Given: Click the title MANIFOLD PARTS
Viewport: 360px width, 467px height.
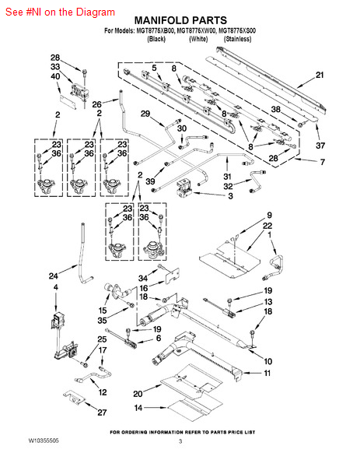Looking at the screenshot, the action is tap(180, 20).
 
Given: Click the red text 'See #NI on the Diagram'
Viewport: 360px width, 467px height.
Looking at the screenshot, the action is tap(60, 12).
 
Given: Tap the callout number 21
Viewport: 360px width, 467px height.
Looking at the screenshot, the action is tap(320, 75).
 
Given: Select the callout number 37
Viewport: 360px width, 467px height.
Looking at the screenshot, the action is tap(320, 146).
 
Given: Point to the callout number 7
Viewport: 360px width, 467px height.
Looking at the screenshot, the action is tap(323, 162).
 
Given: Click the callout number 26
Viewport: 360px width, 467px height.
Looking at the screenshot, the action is tap(96, 104).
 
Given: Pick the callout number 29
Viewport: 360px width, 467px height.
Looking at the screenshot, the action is tap(145, 114).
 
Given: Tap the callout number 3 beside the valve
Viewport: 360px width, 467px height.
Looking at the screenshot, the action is tap(230, 196).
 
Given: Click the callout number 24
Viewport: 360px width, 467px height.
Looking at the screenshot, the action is tap(53, 276).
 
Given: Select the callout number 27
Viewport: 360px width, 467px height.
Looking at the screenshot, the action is tap(102, 413).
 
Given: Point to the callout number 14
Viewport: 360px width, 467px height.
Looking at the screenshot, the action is tap(138, 408).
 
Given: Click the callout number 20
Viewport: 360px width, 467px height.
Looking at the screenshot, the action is tap(138, 394).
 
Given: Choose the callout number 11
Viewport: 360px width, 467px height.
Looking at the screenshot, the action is tap(267, 373).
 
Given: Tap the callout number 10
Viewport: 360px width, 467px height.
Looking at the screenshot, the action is tap(268, 361).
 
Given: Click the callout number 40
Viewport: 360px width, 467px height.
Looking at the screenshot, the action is tap(55, 76).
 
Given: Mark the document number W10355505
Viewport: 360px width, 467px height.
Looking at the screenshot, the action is tap(44, 441).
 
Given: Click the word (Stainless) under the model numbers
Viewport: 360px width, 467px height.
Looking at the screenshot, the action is tap(238, 39).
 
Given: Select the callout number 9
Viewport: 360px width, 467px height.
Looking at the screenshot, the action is tap(269, 215).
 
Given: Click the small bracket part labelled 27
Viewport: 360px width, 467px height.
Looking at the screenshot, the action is tap(74, 397).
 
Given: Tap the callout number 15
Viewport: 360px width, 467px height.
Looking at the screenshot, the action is tap(103, 311).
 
